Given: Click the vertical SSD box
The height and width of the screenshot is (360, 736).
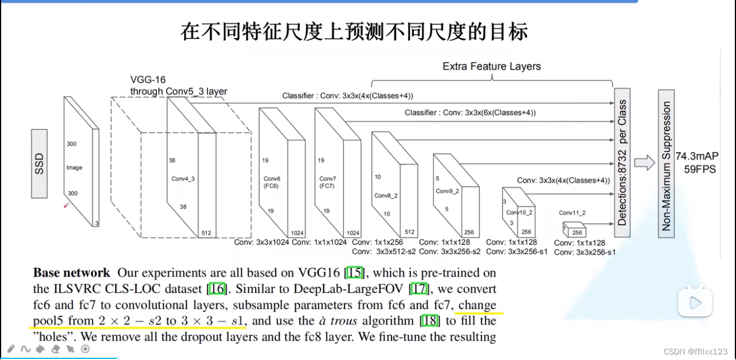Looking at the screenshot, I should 39,163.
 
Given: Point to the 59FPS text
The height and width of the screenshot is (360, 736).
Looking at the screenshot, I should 699,169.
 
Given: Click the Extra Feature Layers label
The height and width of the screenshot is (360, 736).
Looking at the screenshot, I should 492,67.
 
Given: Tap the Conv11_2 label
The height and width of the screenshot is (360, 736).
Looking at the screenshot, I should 572,213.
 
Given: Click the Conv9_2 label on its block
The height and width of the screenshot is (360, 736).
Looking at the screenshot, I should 447,191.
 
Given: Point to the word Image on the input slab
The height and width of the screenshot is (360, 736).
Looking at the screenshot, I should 74,168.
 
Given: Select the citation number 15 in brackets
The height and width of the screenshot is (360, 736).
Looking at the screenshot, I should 355,273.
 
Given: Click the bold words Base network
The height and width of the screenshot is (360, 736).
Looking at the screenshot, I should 72,273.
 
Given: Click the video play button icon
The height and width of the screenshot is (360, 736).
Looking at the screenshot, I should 695,302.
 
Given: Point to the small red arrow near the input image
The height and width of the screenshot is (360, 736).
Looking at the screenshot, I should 67,205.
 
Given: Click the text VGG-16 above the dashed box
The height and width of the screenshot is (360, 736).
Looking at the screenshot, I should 148,80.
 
